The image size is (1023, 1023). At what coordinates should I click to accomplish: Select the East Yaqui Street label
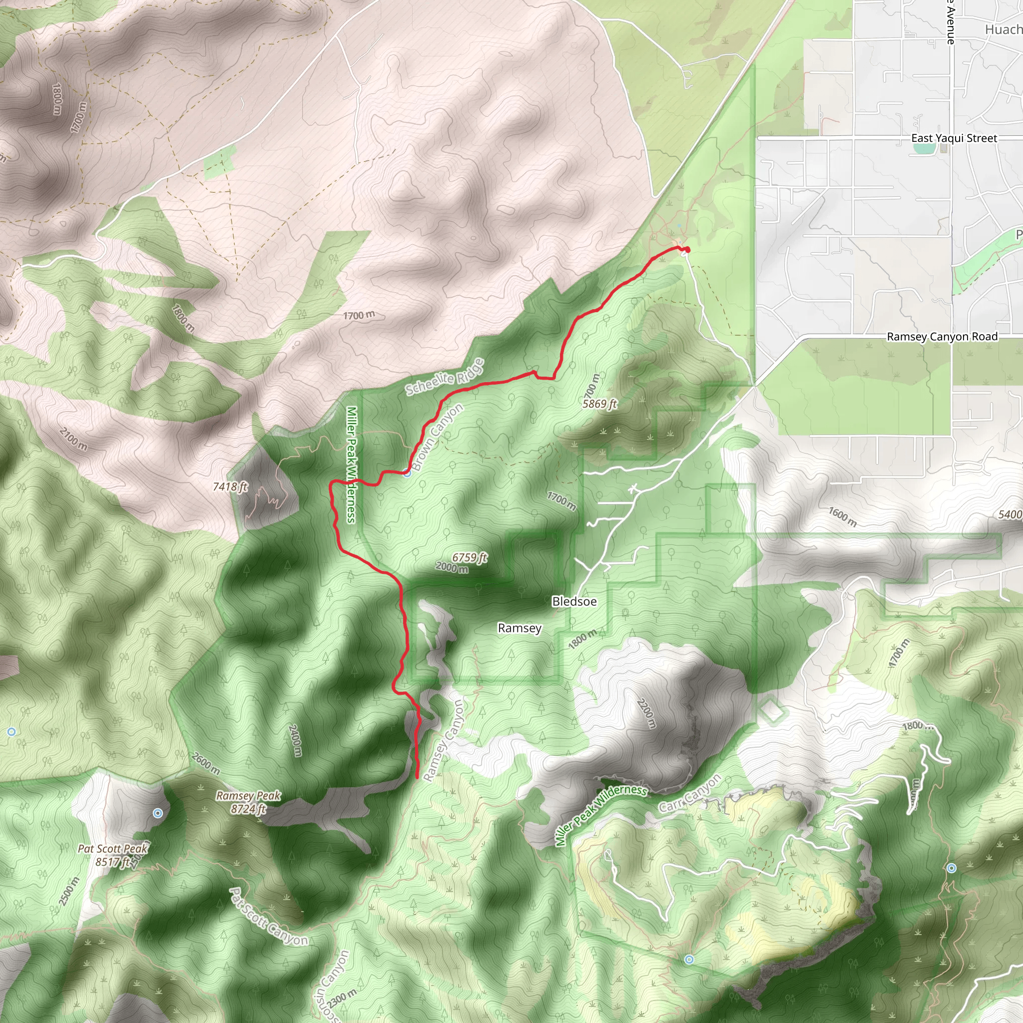coord(954,138)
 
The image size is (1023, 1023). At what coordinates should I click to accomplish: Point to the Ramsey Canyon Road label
coord(942,337)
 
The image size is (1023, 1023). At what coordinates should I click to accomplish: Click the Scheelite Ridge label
coord(445,377)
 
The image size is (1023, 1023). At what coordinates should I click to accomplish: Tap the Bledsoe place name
coord(574,601)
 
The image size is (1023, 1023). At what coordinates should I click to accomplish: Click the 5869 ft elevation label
coord(599,404)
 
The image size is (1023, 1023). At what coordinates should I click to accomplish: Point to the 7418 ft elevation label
coord(230,486)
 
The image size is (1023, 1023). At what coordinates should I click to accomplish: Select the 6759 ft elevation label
coord(469,557)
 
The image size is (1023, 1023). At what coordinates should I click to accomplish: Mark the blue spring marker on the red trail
coord(407,473)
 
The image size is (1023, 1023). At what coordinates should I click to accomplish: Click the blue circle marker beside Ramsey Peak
coord(158,813)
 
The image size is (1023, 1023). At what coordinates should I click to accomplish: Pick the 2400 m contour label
coord(296,740)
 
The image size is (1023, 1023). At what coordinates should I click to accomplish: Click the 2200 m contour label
coord(646,714)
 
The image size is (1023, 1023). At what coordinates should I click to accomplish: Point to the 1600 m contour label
coord(842,517)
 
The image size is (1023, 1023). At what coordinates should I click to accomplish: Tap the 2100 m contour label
coord(73,440)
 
